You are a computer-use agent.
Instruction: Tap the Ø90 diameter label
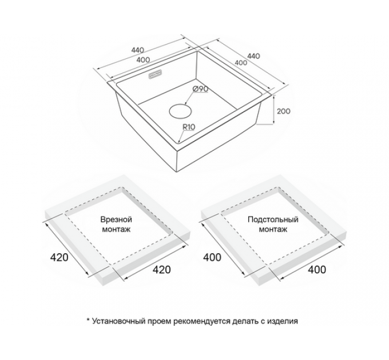pyautogui.click(x=200, y=89)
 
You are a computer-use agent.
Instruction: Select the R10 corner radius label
pyautogui.click(x=189, y=127)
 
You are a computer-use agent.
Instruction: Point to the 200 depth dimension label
pyautogui.click(x=283, y=111)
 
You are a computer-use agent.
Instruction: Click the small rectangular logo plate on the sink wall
pyautogui.click(x=155, y=75)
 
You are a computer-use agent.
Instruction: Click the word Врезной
pyautogui.click(x=116, y=219)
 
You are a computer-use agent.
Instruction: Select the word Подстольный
pyautogui.click(x=273, y=219)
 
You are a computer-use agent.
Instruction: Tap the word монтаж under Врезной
pyautogui.click(x=116, y=229)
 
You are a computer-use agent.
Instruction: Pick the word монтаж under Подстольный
pyautogui.click(x=273, y=229)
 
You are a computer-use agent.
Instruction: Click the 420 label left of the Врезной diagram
pyautogui.click(x=59, y=257)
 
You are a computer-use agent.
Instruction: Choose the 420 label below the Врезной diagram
pyautogui.click(x=161, y=270)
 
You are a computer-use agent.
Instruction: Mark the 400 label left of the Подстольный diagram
pyautogui.click(x=212, y=257)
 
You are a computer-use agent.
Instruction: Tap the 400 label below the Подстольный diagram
pyautogui.click(x=317, y=270)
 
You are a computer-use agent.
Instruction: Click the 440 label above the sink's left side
pyautogui.click(x=137, y=50)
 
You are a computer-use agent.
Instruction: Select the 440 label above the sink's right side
pyautogui.click(x=253, y=56)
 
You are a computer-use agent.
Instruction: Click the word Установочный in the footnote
pyautogui.click(x=118, y=321)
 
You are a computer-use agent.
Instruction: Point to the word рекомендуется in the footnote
pyautogui.click(x=202, y=321)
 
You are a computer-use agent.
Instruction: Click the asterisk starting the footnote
pyautogui.click(x=88, y=320)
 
